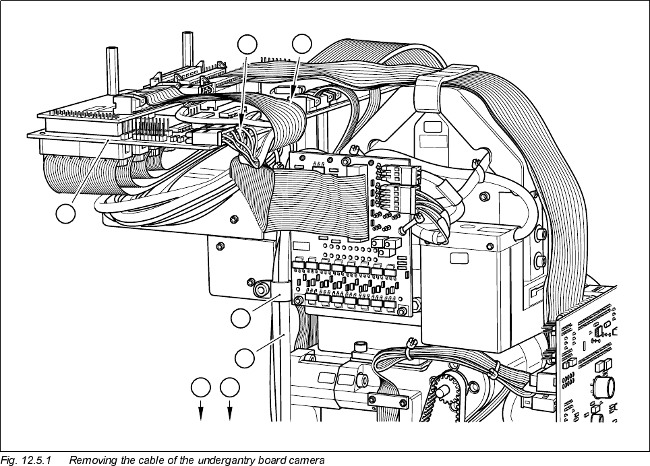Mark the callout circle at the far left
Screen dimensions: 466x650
coord(65,214)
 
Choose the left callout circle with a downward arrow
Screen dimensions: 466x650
coord(200,387)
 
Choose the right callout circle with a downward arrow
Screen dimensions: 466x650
coord(231,387)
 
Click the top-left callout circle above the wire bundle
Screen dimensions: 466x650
coord(248,44)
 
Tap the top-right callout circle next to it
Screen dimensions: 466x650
coord(302,44)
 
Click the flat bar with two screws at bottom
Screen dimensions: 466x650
coord(388,402)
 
